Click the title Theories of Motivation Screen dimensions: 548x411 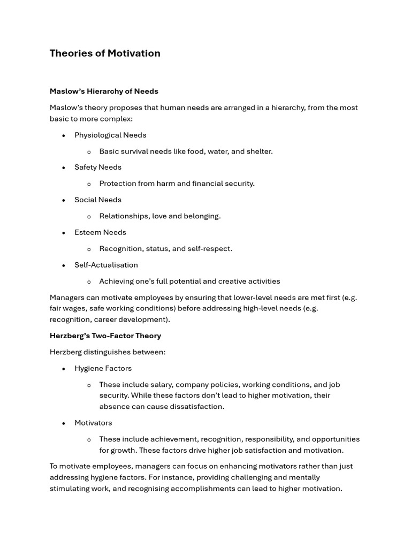click(105, 53)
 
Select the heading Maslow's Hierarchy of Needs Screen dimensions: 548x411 click(104, 91)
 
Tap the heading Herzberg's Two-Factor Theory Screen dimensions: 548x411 click(105, 336)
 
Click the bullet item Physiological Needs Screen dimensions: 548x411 click(110, 135)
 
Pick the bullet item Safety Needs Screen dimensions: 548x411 click(98, 167)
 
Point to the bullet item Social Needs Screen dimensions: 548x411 click(98, 200)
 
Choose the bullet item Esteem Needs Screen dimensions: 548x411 click(100, 232)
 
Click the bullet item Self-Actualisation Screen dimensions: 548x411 click(106, 265)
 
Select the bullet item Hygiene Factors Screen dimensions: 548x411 click(103, 368)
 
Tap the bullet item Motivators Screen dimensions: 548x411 click(93, 423)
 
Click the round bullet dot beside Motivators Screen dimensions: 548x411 click(64, 423)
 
